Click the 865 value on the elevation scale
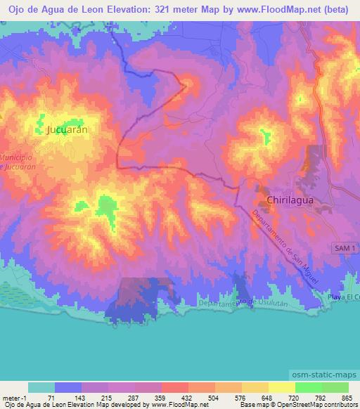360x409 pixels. tap(345, 398)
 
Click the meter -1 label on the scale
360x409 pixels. tap(14, 398)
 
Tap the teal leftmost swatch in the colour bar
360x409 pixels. tap(41, 387)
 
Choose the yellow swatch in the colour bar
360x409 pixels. tap(281, 387)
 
